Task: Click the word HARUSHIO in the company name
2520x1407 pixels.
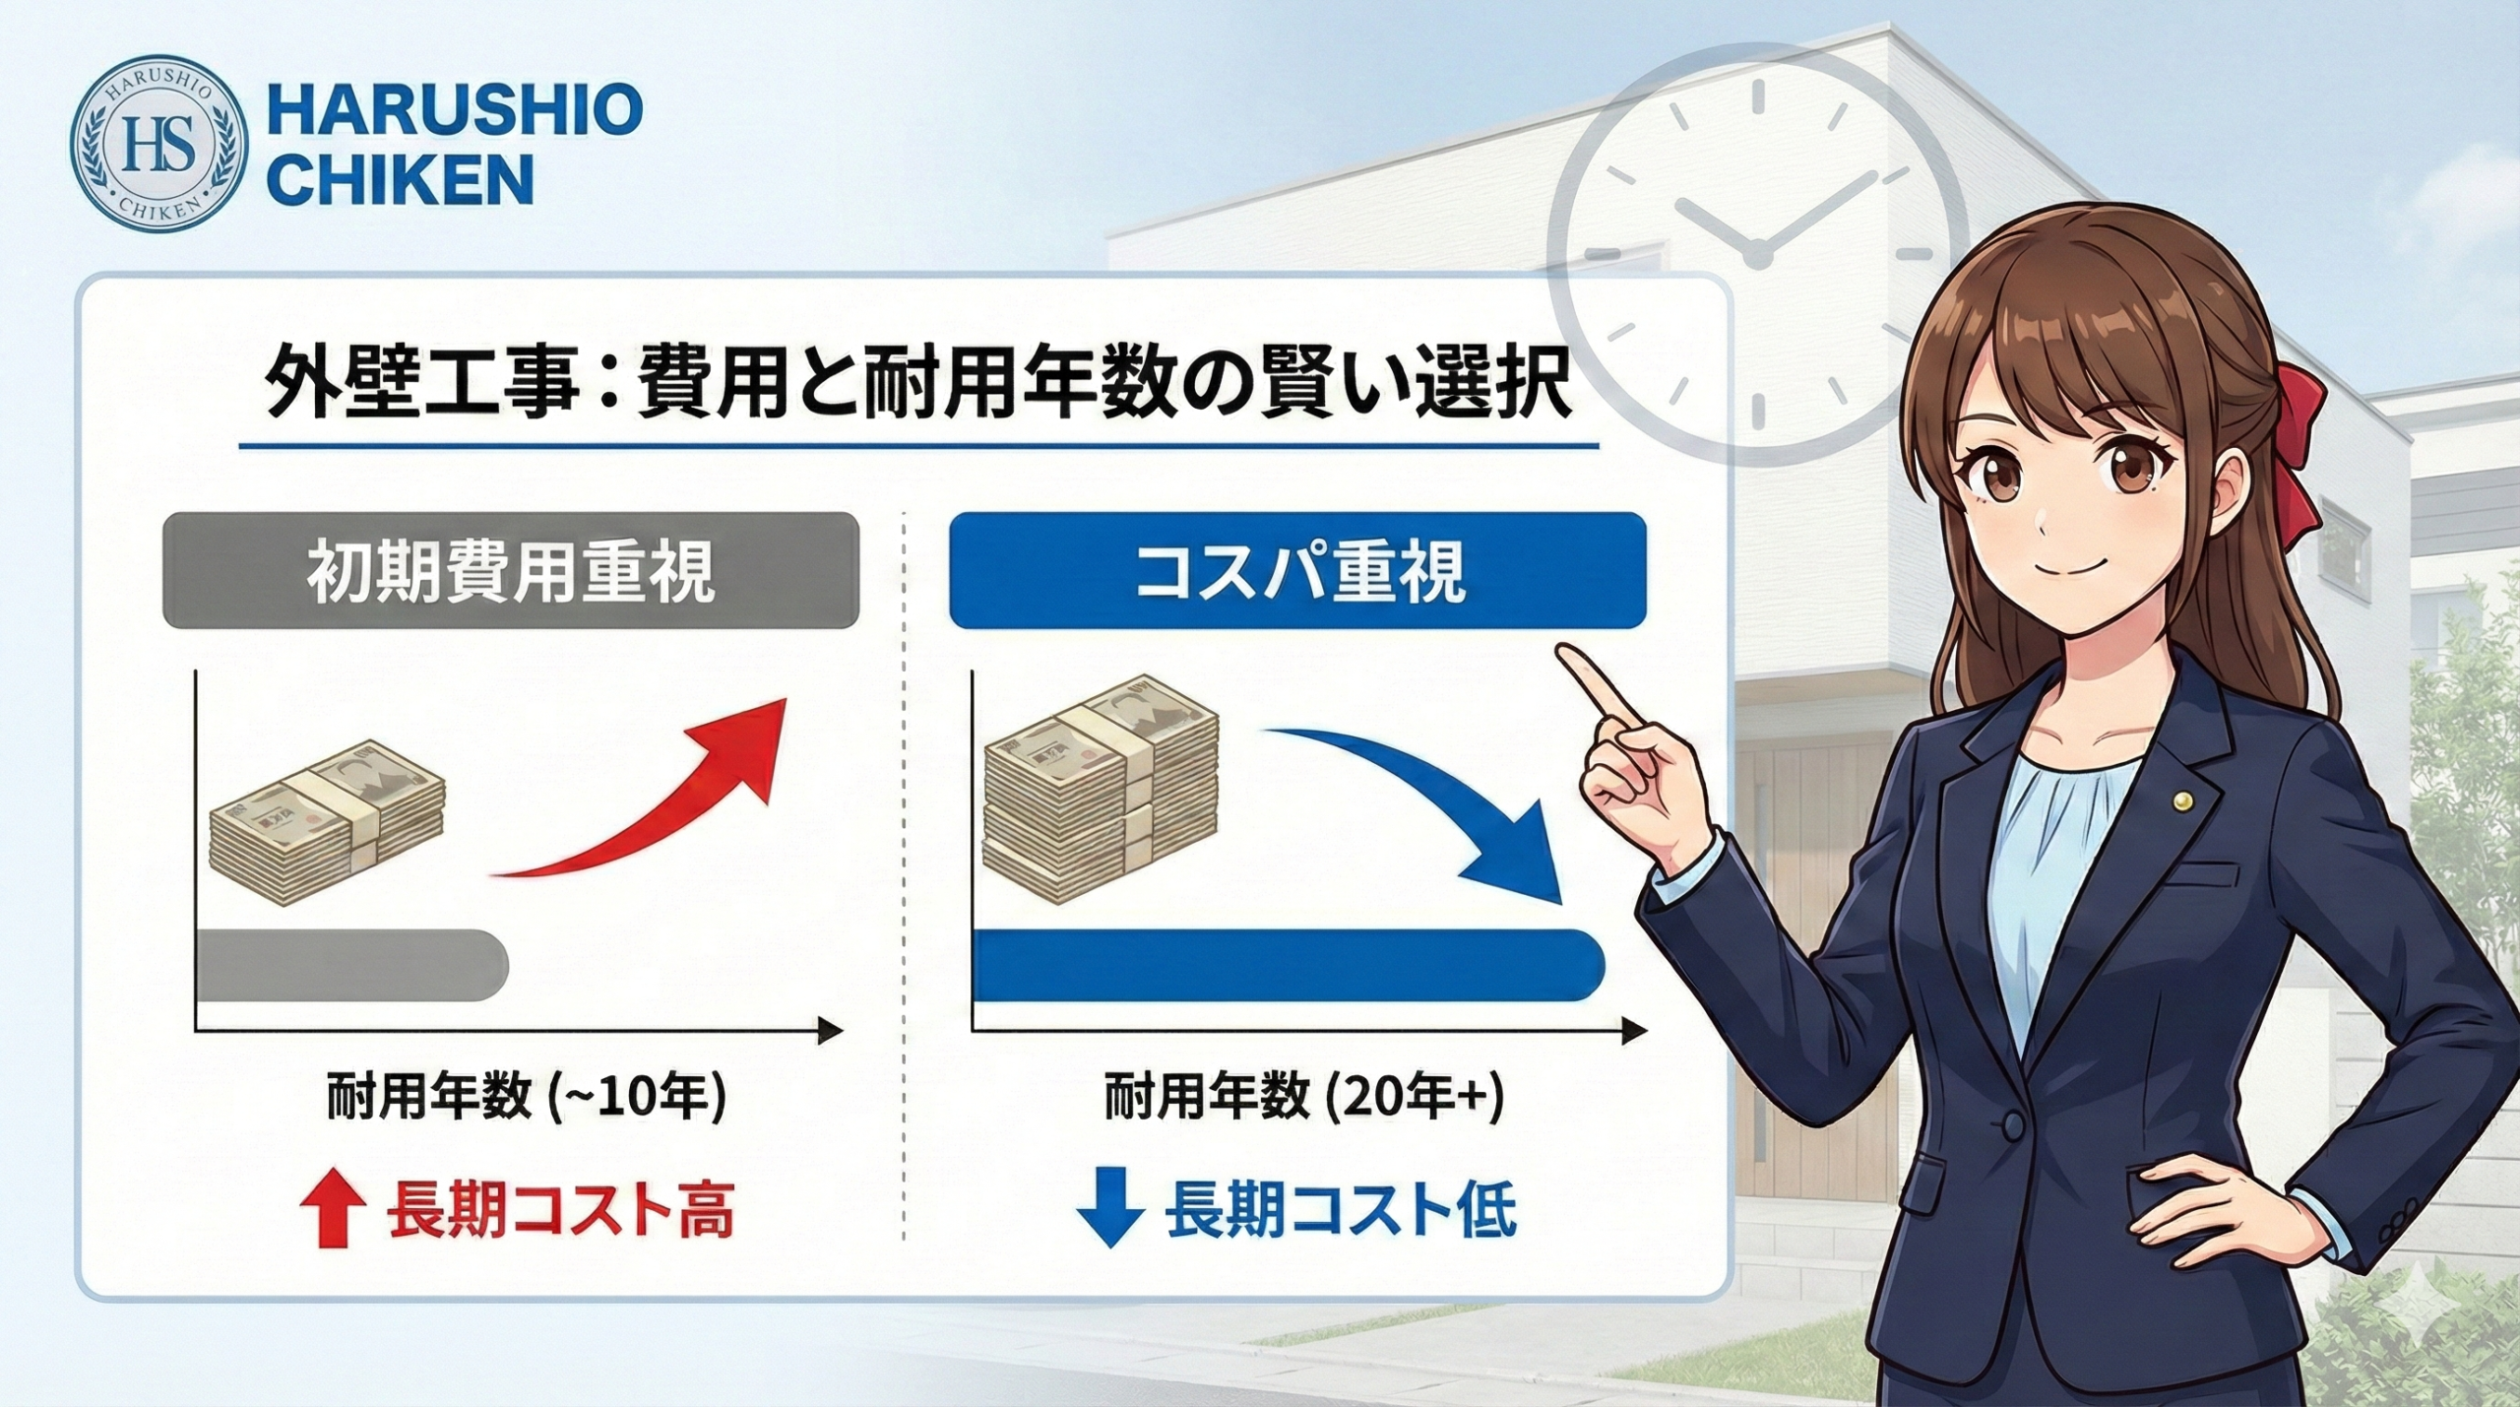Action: (455, 110)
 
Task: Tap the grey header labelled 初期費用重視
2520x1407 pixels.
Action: (511, 570)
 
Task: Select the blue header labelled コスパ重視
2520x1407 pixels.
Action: (1297, 570)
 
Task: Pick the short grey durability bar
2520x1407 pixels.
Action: (351, 965)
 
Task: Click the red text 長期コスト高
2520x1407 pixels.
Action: (559, 1211)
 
